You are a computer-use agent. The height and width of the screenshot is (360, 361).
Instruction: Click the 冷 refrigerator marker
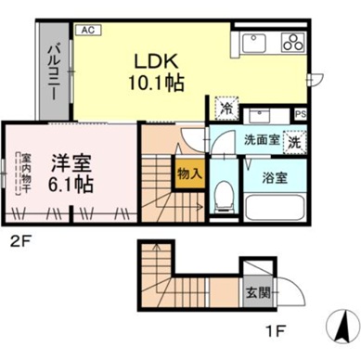pos(226,109)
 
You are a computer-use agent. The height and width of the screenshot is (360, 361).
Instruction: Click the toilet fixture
pos(222,196)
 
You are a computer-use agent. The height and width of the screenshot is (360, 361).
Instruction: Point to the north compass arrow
pos(343,328)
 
